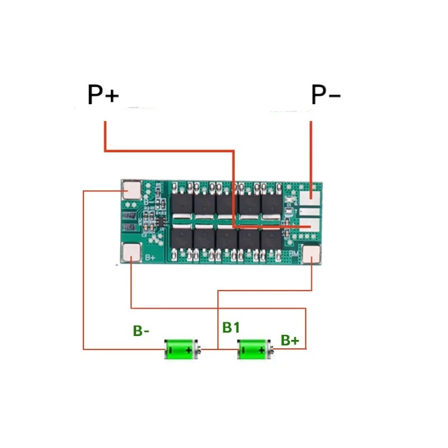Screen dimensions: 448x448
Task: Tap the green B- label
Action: click(141, 331)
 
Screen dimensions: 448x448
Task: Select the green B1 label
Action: click(231, 328)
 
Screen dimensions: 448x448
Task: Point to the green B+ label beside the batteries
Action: click(290, 340)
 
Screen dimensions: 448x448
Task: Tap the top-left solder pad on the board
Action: click(132, 190)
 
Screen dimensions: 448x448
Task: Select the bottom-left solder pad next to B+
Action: click(132, 253)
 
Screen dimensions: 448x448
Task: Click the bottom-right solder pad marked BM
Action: click(311, 254)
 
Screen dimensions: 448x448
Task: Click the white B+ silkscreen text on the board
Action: click(150, 258)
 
